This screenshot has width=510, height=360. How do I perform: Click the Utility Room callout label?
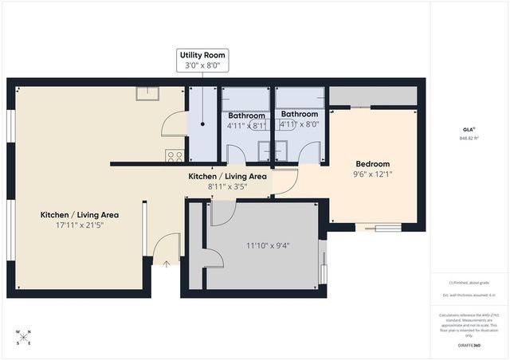click(x=203, y=61)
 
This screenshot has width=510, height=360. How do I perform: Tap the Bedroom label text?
click(x=372, y=164)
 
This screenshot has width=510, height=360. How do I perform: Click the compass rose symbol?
click(x=23, y=337)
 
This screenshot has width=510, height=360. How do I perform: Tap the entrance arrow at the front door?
click(x=166, y=264)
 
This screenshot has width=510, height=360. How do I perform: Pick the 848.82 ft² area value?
click(x=469, y=138)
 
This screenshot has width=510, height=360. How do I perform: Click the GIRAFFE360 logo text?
click(x=469, y=345)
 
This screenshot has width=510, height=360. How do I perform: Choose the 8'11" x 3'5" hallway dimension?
click(x=227, y=186)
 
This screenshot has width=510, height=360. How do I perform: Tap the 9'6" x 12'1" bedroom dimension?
click(x=372, y=174)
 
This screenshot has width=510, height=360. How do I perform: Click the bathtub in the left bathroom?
click(x=245, y=99)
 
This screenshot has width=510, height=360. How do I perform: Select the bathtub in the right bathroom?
click(x=300, y=99)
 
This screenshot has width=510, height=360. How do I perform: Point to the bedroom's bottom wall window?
click(x=379, y=228)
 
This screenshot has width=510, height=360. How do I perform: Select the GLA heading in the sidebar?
click(x=469, y=128)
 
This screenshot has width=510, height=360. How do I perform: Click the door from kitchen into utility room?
click(x=175, y=124)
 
